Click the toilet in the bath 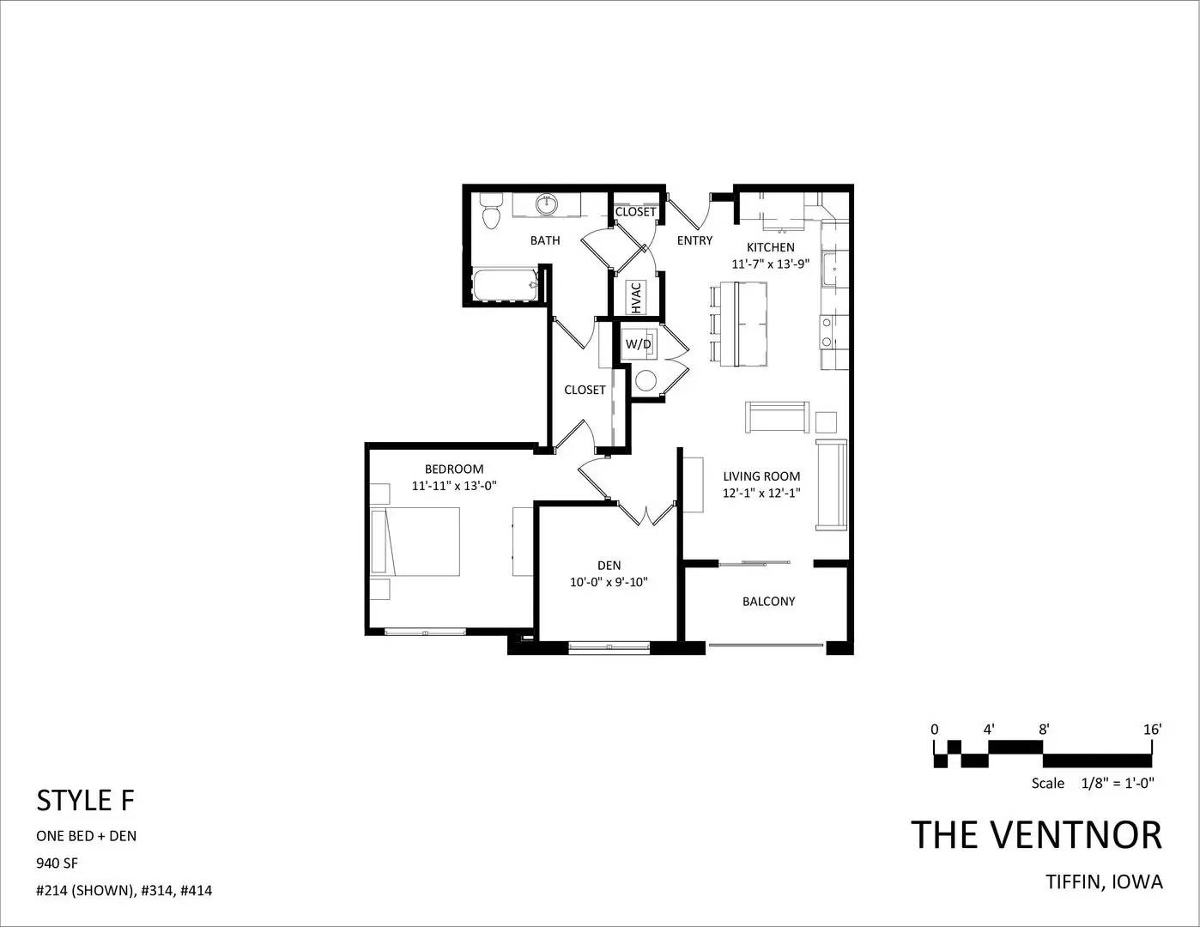click(x=490, y=211)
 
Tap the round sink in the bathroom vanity click(x=546, y=204)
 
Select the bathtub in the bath click(x=505, y=285)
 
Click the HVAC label click(x=636, y=298)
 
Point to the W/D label click(x=638, y=344)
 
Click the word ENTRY click(x=694, y=240)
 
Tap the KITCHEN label click(x=770, y=247)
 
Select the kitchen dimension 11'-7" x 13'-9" click(x=770, y=264)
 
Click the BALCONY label click(x=769, y=601)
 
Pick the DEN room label click(x=609, y=566)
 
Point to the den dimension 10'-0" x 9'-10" click(x=609, y=582)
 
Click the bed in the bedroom click(x=415, y=542)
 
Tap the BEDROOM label click(x=454, y=469)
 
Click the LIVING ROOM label click(x=761, y=476)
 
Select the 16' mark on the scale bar click(x=1153, y=730)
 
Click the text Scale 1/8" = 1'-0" click(x=1093, y=783)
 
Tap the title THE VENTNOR click(x=1037, y=835)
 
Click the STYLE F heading click(x=86, y=801)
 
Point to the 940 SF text click(x=57, y=863)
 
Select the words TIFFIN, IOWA click(x=1105, y=882)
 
